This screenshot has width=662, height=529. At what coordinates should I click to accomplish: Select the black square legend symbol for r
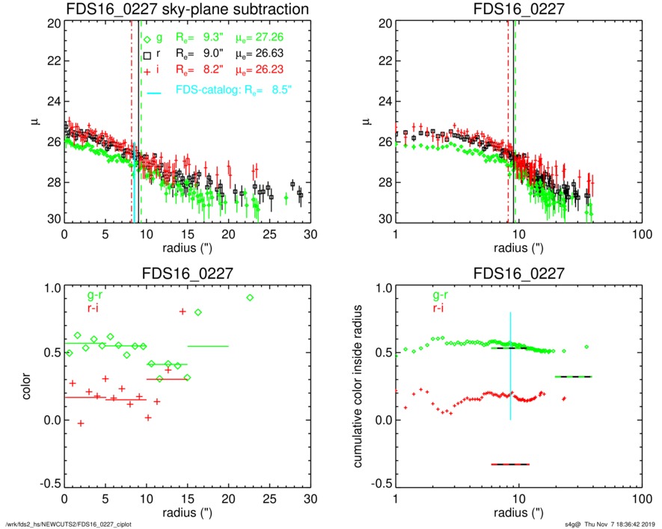[147, 55]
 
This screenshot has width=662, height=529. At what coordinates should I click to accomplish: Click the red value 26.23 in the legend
[272, 69]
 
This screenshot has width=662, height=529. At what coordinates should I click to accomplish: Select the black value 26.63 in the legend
[272, 53]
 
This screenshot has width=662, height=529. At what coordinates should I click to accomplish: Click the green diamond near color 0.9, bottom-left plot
[249, 297]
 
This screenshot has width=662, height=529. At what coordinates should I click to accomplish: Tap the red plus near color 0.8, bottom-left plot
[183, 311]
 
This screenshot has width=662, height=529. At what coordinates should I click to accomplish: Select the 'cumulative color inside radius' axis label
[358, 387]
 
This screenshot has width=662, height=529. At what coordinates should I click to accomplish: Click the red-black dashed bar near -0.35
[510, 464]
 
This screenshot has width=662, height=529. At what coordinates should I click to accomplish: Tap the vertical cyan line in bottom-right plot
[510, 366]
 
